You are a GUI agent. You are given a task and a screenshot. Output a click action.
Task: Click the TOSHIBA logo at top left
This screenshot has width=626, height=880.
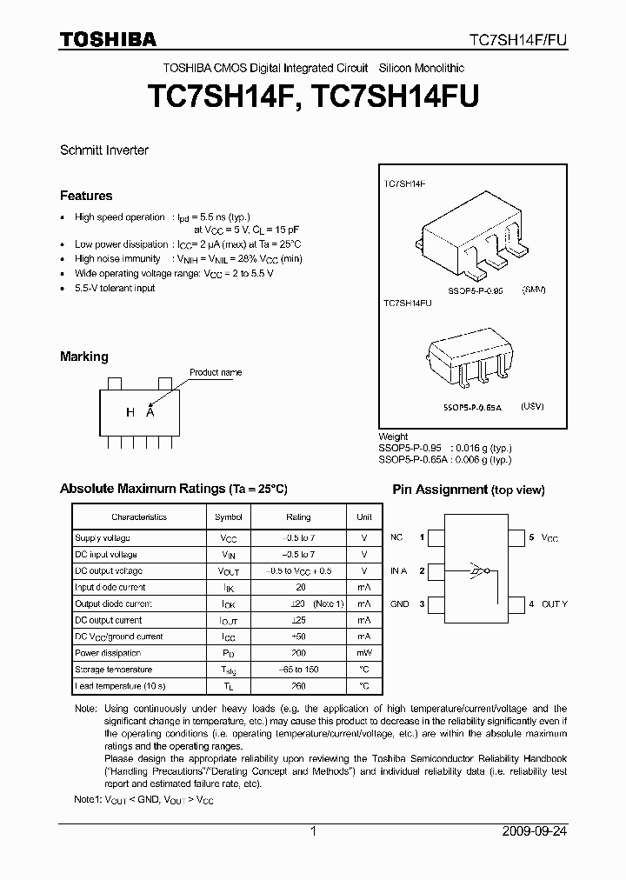click(x=108, y=39)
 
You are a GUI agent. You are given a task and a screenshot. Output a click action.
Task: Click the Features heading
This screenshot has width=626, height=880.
click(x=86, y=196)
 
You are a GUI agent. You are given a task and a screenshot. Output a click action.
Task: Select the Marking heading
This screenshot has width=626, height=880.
click(x=84, y=357)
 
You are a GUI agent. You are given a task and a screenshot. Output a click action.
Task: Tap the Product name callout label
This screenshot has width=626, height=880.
click(x=216, y=372)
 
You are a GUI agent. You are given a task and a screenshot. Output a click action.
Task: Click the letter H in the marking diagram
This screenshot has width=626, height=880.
click(x=130, y=413)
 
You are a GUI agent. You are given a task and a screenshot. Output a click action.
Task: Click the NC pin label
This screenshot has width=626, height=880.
click(x=396, y=538)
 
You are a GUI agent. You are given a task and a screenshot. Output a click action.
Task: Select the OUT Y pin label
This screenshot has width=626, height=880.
click(x=553, y=603)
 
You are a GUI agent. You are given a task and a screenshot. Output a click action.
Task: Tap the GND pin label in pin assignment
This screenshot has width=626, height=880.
click(x=399, y=603)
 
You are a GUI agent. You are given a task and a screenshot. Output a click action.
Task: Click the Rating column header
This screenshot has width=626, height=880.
click(x=298, y=517)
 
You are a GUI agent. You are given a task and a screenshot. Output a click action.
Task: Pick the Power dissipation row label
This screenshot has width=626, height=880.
click(x=108, y=653)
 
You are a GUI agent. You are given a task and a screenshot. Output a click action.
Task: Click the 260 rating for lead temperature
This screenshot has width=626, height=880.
click(x=298, y=686)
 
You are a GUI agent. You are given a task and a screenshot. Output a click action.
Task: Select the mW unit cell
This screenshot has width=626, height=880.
click(x=364, y=653)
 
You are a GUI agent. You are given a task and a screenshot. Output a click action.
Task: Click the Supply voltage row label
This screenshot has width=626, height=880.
click(x=102, y=538)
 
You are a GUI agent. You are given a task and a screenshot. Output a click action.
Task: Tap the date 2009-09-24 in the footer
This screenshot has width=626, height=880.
click(x=535, y=831)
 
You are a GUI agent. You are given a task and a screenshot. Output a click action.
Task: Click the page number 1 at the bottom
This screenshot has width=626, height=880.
click(x=313, y=831)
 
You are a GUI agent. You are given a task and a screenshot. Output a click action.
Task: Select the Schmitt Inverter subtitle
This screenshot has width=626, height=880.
click(x=104, y=150)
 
